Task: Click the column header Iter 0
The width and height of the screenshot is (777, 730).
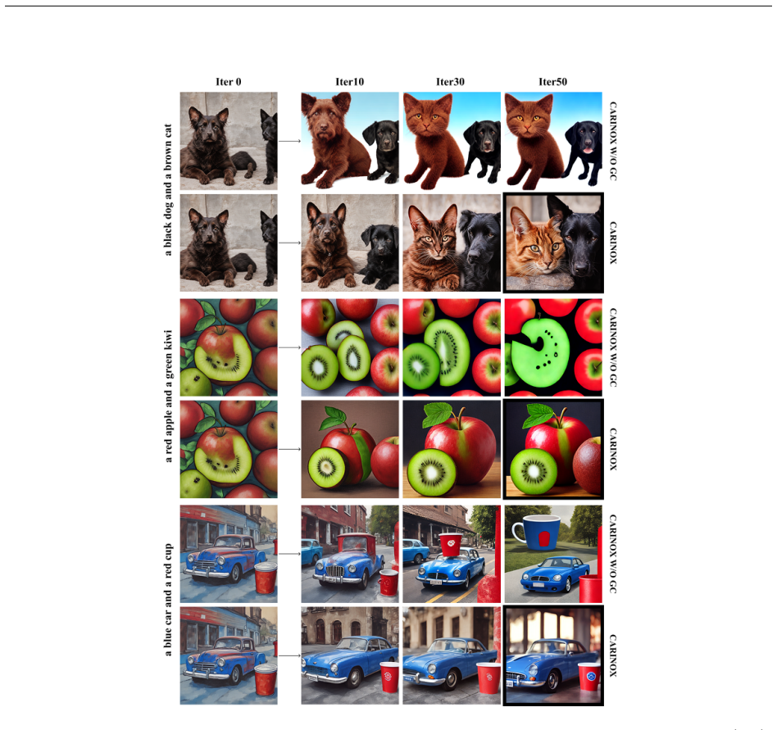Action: (229, 82)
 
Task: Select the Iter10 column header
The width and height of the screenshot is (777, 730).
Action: (349, 82)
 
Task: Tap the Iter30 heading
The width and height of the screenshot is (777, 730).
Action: (450, 82)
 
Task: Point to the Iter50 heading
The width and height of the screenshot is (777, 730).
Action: (552, 82)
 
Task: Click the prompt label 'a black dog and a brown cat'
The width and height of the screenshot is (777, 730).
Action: (168, 190)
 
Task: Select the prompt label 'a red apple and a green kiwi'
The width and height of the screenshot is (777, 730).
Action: (168, 396)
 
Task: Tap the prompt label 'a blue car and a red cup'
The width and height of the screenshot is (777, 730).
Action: (168, 600)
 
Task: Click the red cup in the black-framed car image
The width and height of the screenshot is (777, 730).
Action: (589, 676)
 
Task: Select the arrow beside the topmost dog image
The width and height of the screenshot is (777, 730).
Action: (289, 141)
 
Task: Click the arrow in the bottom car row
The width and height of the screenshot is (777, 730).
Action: (289, 655)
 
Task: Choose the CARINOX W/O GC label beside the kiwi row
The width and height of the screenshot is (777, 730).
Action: (613, 347)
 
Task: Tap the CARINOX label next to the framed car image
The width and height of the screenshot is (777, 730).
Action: (613, 655)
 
